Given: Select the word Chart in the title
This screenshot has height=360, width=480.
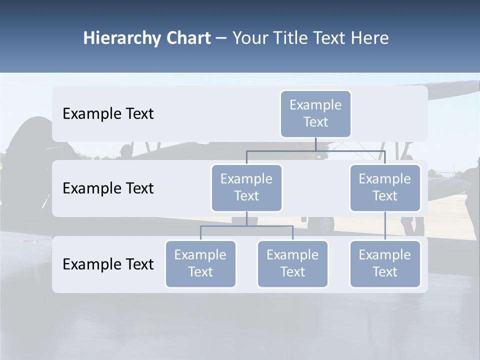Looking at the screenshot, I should [x=187, y=38].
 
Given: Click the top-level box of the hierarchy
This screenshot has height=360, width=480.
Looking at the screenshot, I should [x=315, y=114].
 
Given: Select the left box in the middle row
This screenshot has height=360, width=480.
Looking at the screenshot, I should [x=246, y=188].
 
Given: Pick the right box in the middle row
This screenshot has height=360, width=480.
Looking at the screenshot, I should [x=385, y=188].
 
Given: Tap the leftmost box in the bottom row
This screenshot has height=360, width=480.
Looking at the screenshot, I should [x=200, y=264].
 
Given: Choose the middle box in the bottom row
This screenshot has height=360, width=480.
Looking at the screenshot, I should [x=292, y=264].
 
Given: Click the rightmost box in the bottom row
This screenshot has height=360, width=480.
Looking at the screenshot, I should [x=385, y=264].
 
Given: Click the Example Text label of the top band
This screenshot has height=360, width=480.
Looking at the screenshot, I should [x=108, y=114].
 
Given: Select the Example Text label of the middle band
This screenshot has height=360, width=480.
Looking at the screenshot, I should [x=108, y=188].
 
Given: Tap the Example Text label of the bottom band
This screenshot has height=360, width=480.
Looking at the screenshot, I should [x=108, y=264].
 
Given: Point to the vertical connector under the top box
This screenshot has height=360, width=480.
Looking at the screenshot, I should [x=315, y=144].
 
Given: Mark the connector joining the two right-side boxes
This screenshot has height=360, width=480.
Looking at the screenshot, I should [x=385, y=226].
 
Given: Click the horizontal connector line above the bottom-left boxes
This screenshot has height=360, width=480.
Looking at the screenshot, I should [x=246, y=226].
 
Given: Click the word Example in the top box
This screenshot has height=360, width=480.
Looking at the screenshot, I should [x=315, y=105].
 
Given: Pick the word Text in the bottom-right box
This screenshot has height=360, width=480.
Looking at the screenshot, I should [x=385, y=272].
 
